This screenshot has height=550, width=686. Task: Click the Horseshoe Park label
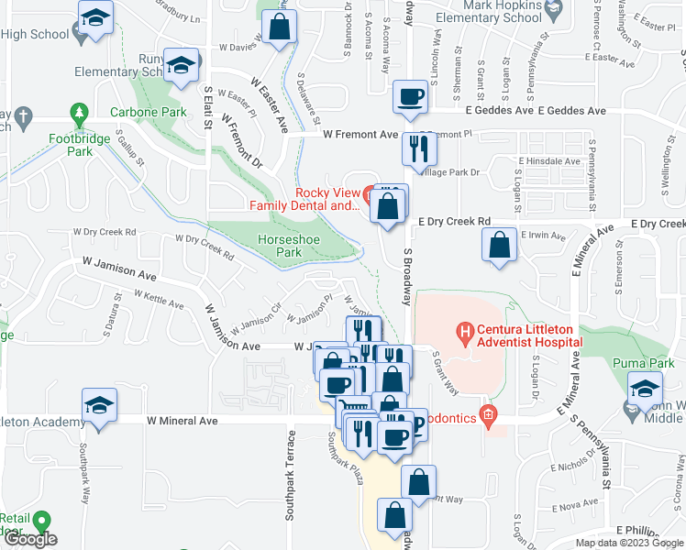click(x=280, y=245)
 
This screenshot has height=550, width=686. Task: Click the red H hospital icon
click(x=466, y=329)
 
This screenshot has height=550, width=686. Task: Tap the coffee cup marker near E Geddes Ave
click(x=410, y=95)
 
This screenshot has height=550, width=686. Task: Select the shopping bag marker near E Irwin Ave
click(x=498, y=245)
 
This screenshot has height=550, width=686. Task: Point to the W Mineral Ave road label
click(x=183, y=420)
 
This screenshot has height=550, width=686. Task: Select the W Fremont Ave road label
click(x=361, y=134)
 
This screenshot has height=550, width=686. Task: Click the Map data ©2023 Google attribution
click(x=628, y=543)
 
